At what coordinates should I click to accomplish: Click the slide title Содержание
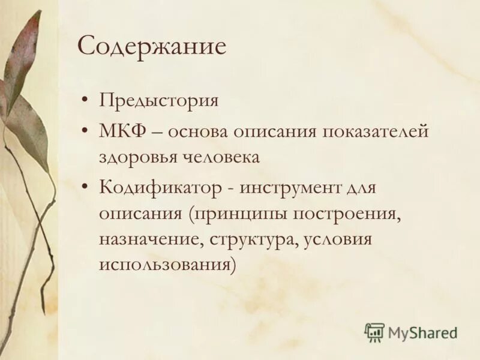tap(152, 46)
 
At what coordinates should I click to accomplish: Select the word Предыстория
tap(158, 100)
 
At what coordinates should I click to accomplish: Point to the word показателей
tap(376, 131)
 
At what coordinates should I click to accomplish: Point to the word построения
tap(346, 214)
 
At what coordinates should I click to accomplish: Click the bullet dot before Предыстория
tap(88, 100)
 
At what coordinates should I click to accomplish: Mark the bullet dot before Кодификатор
tap(88, 188)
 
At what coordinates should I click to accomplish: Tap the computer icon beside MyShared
tap(374, 332)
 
